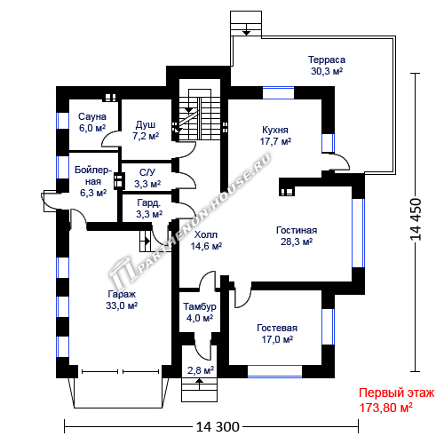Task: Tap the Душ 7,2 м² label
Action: pos(146,131)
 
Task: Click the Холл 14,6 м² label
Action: pos(206,241)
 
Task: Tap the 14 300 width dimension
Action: pos(218,427)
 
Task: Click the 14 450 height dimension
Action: pos(416,219)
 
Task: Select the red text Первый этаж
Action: pos(396,393)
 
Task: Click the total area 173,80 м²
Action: pos(385,408)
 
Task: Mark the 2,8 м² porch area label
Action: pos(201,370)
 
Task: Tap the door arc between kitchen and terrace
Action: pos(340,162)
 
